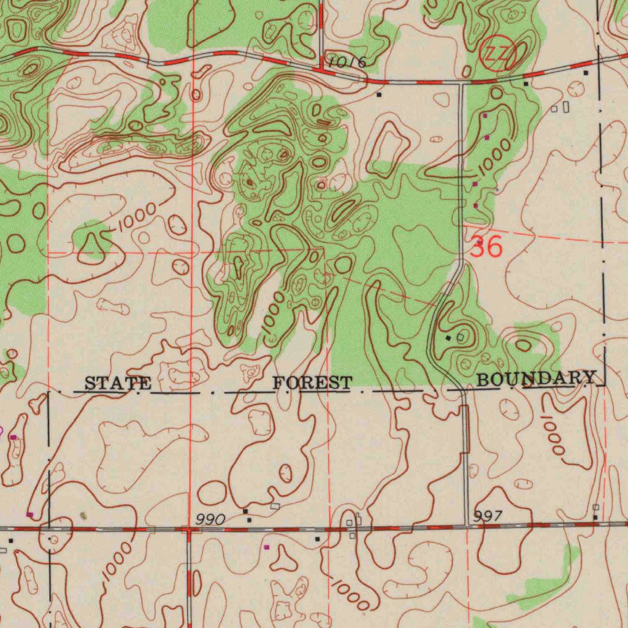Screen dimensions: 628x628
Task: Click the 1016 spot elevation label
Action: (x=347, y=62)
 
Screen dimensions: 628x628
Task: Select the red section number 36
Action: (x=486, y=247)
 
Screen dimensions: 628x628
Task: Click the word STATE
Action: (x=118, y=384)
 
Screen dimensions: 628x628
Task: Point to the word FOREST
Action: (x=313, y=383)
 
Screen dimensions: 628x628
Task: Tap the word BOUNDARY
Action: (x=536, y=378)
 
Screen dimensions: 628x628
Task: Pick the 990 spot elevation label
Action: (x=210, y=520)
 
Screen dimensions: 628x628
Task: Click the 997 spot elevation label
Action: (x=489, y=516)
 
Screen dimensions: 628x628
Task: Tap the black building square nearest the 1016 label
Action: (x=379, y=95)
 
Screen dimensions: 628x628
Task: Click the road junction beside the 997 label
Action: (x=469, y=525)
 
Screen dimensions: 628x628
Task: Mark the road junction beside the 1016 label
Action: (x=321, y=71)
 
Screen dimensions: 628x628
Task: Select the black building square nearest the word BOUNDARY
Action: (x=448, y=338)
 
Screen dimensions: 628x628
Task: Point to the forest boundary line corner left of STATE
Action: (x=48, y=390)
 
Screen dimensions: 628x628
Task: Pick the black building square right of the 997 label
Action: (x=595, y=518)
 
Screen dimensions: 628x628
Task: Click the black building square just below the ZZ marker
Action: (x=526, y=82)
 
